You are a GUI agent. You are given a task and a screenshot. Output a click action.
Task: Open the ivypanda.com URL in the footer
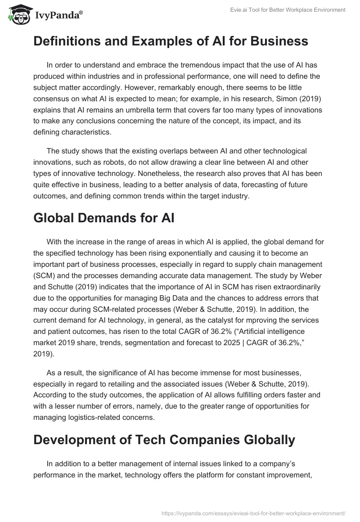(253, 513)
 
